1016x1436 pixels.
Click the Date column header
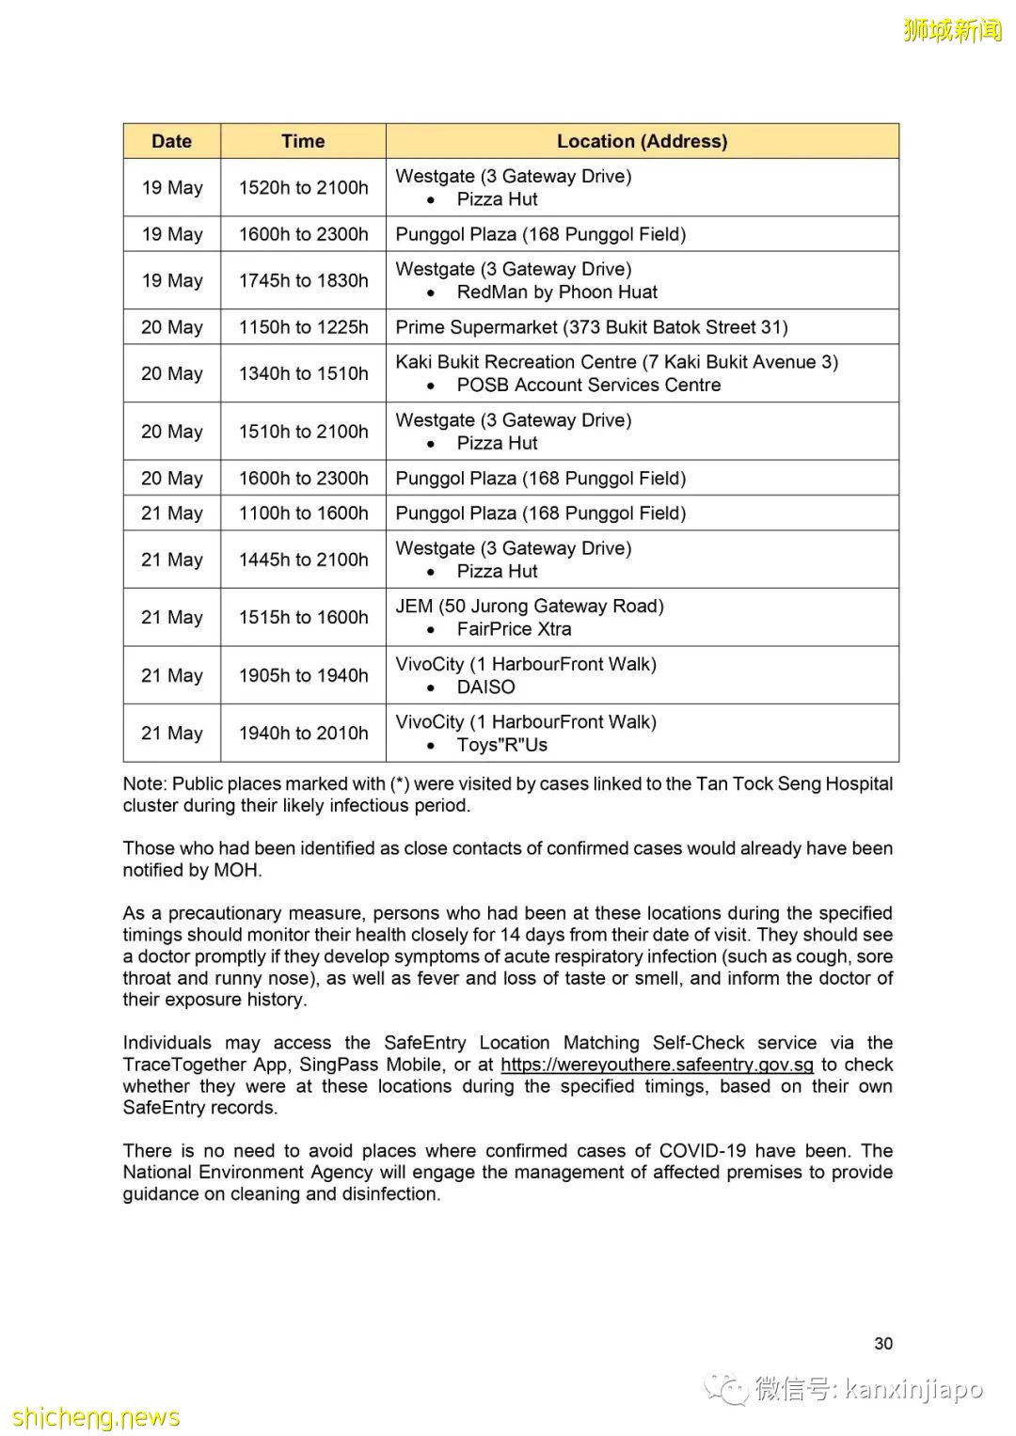171,141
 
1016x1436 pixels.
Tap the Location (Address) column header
642,141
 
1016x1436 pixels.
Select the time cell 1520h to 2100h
303,187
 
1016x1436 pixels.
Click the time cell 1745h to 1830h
303,280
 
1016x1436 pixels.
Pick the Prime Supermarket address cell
591,327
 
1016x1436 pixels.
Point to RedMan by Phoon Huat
557,292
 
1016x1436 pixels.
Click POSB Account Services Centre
588,386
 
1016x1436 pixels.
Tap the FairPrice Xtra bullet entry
514,629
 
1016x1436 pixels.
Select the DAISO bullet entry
485,687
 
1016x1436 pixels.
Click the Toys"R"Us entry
501,746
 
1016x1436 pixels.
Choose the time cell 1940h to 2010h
303,733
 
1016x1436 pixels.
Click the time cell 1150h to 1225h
303,327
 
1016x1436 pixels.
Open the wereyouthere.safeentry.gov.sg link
657,1065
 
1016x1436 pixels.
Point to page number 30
883,1344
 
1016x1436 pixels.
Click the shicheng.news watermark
96,1417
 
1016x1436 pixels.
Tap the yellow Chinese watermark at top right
952,30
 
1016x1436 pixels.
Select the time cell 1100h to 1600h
303,513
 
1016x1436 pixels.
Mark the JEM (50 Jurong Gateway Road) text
530,607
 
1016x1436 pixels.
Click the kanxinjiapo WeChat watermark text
913,1389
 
